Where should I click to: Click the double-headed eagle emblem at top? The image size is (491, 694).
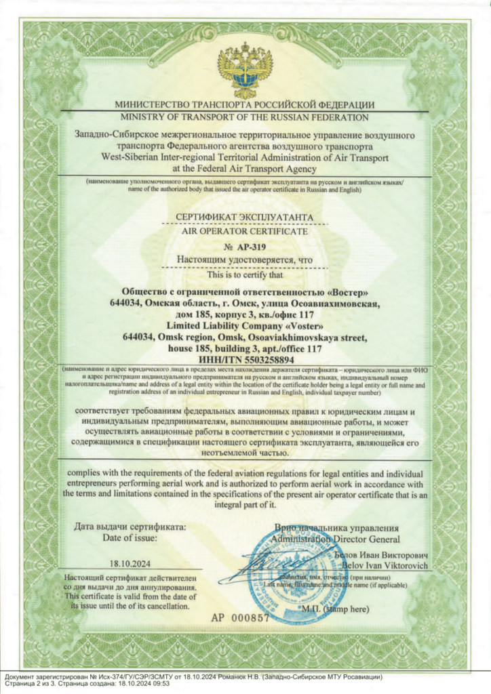click(245, 70)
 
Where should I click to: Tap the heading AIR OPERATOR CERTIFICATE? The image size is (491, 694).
click(245, 231)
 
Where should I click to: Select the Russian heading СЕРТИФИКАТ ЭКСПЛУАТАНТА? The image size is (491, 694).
click(245, 218)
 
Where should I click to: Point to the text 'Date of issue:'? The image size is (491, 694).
click(130, 538)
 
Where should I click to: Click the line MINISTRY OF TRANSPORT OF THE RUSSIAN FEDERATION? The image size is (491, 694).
click(245, 118)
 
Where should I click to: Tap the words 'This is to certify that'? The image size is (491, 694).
click(245, 274)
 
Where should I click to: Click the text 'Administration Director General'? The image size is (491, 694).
click(335, 538)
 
